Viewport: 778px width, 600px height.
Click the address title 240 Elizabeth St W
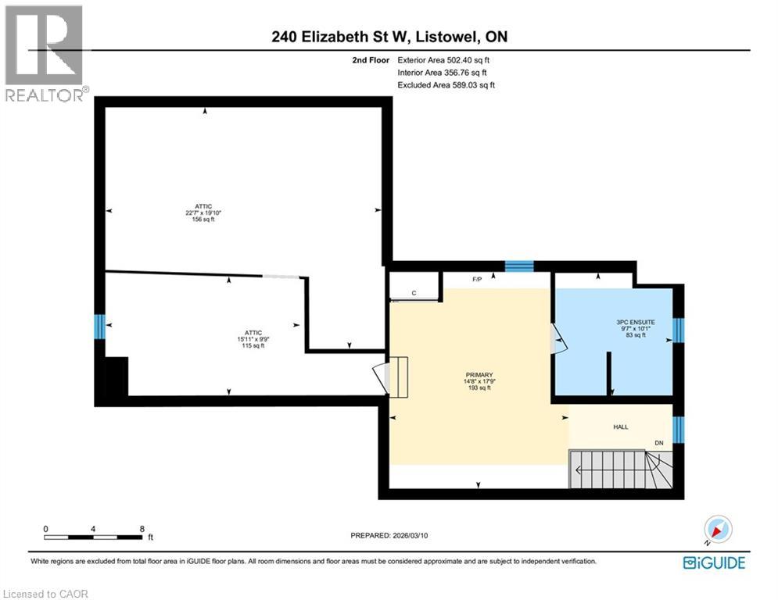(x=389, y=37)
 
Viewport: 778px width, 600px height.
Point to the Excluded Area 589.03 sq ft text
(x=446, y=85)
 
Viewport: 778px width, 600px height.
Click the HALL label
(x=621, y=427)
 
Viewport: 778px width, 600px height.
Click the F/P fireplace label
(x=477, y=279)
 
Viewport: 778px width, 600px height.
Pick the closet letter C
(x=414, y=294)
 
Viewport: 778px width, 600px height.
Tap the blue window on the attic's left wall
(x=99, y=326)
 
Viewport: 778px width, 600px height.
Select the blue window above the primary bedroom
(x=518, y=266)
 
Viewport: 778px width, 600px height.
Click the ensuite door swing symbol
(x=558, y=341)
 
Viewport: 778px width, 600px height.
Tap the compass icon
(x=717, y=530)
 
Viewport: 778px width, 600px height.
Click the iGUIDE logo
(x=714, y=562)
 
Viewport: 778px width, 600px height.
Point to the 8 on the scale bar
(x=142, y=528)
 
